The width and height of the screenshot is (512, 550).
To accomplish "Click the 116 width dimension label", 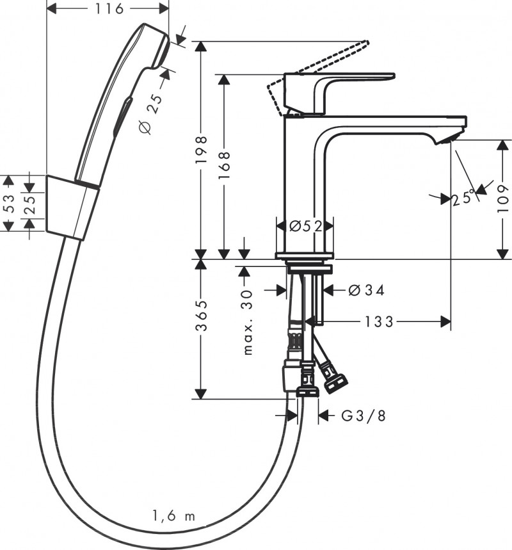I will click(109, 8).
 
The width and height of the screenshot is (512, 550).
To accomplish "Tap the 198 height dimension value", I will click(202, 151).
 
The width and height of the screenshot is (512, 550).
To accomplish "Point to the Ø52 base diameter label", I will click(305, 225).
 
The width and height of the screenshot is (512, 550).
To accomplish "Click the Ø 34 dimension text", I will click(366, 290).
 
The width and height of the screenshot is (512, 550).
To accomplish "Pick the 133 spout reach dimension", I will click(380, 321).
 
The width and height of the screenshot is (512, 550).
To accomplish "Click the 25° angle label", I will click(464, 198).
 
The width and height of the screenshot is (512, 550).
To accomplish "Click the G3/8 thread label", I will click(364, 416).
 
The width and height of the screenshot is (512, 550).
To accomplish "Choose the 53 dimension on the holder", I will click(8, 204).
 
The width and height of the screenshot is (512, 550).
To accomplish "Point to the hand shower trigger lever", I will click(122, 115).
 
